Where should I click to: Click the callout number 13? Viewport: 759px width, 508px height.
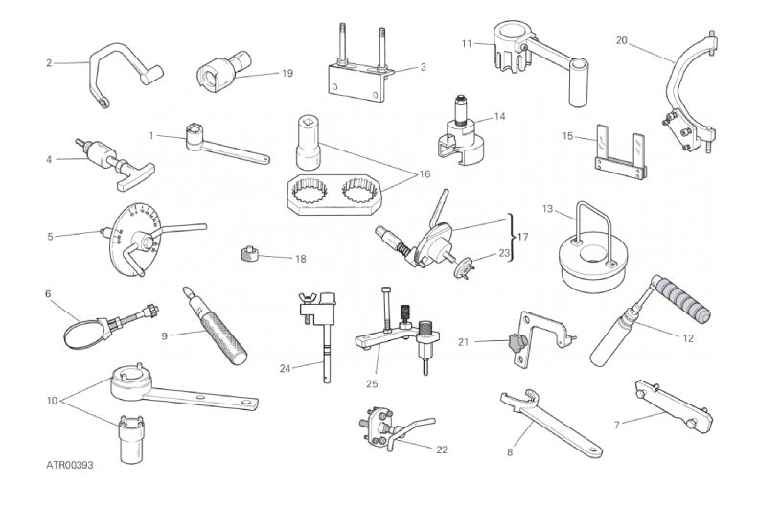(547, 209)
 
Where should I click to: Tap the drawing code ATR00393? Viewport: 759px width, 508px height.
(70, 465)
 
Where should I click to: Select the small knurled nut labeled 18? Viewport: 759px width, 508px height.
(249, 253)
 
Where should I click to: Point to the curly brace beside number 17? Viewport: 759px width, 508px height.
(511, 238)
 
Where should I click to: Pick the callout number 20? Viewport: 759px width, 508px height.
(622, 40)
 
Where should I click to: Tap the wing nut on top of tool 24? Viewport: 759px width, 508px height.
(310, 304)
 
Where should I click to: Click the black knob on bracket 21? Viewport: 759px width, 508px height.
(517, 343)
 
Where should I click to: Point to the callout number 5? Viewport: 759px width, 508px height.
(51, 237)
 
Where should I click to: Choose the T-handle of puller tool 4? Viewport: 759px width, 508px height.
(133, 174)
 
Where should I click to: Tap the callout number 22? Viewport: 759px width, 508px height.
(442, 450)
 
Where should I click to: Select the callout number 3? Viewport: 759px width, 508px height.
(423, 67)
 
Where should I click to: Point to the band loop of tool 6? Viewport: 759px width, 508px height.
(83, 335)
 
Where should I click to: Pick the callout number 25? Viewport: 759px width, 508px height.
(372, 384)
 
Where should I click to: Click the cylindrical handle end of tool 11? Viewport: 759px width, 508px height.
(578, 82)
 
